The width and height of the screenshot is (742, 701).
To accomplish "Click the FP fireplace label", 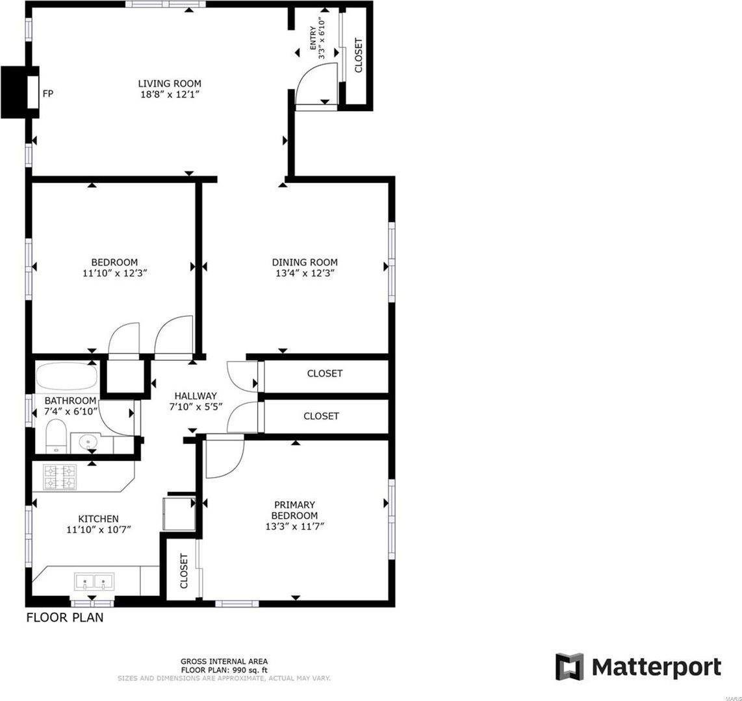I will [x=47, y=94].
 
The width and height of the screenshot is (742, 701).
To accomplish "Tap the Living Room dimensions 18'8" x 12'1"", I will [x=169, y=95].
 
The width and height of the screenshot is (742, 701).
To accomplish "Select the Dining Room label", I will [x=305, y=262].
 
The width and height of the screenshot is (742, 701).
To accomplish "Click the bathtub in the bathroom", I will [x=66, y=376].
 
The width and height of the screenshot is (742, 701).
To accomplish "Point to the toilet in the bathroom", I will [x=57, y=436].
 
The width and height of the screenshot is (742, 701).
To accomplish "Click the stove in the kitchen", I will [x=60, y=477].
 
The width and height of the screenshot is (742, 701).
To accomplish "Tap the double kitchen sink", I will [x=94, y=581].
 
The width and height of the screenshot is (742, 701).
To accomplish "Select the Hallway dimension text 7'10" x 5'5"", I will [x=196, y=408].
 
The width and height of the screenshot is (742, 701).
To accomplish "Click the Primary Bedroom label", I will [x=294, y=510].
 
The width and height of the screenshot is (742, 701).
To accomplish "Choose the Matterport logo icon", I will [x=569, y=667].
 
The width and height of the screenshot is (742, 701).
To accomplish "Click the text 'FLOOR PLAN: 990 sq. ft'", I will [x=224, y=670].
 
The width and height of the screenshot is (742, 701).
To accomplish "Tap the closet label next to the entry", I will [x=358, y=55].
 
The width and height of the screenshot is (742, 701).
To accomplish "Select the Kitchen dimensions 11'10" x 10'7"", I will [x=99, y=530].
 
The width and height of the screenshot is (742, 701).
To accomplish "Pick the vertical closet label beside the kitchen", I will [x=183, y=571].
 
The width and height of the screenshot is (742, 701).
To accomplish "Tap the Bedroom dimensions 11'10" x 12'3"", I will [x=114, y=273].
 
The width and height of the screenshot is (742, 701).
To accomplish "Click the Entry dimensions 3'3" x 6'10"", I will [x=320, y=42].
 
